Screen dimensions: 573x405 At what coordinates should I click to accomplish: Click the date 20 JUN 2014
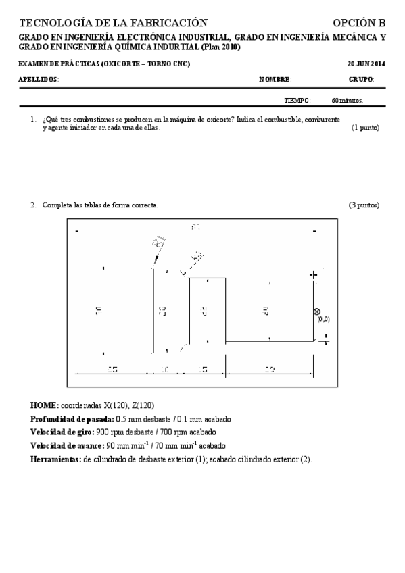pyautogui.click(x=366, y=64)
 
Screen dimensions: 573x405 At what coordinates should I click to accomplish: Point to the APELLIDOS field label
pyautogui.click(x=39, y=80)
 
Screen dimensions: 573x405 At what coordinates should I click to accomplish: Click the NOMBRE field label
pyautogui.click(x=275, y=80)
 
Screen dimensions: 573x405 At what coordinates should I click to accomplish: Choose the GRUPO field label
pyautogui.click(x=361, y=80)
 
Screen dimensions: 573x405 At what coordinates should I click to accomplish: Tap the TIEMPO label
pyautogui.click(x=297, y=101)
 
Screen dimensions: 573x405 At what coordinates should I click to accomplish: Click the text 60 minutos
pyautogui.click(x=348, y=101)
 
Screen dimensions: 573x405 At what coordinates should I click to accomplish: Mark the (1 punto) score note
pyautogui.click(x=365, y=128)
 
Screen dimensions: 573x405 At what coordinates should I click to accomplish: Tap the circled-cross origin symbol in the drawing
pyautogui.click(x=316, y=312)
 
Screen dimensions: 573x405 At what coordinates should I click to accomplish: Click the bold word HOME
pyautogui.click(x=44, y=406)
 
